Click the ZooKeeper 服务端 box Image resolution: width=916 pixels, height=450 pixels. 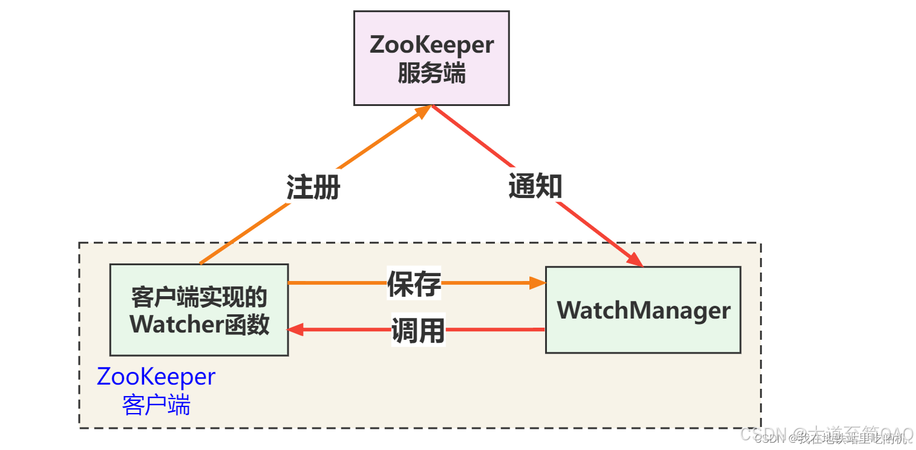point(431,58)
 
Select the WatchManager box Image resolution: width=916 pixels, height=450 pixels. point(643,310)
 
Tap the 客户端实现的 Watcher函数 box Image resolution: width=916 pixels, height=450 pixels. point(198,310)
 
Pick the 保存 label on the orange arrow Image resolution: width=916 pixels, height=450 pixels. point(414,283)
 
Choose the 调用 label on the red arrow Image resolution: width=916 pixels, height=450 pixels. point(417,330)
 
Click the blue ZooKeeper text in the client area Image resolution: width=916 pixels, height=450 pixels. point(156,377)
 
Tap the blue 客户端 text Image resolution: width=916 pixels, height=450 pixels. point(156,405)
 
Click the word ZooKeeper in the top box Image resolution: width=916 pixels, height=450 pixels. point(431,45)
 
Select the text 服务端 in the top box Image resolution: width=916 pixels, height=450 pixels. point(431,74)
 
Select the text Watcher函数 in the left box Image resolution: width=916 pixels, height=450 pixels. point(199,325)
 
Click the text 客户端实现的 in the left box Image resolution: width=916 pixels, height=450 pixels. point(199,297)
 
